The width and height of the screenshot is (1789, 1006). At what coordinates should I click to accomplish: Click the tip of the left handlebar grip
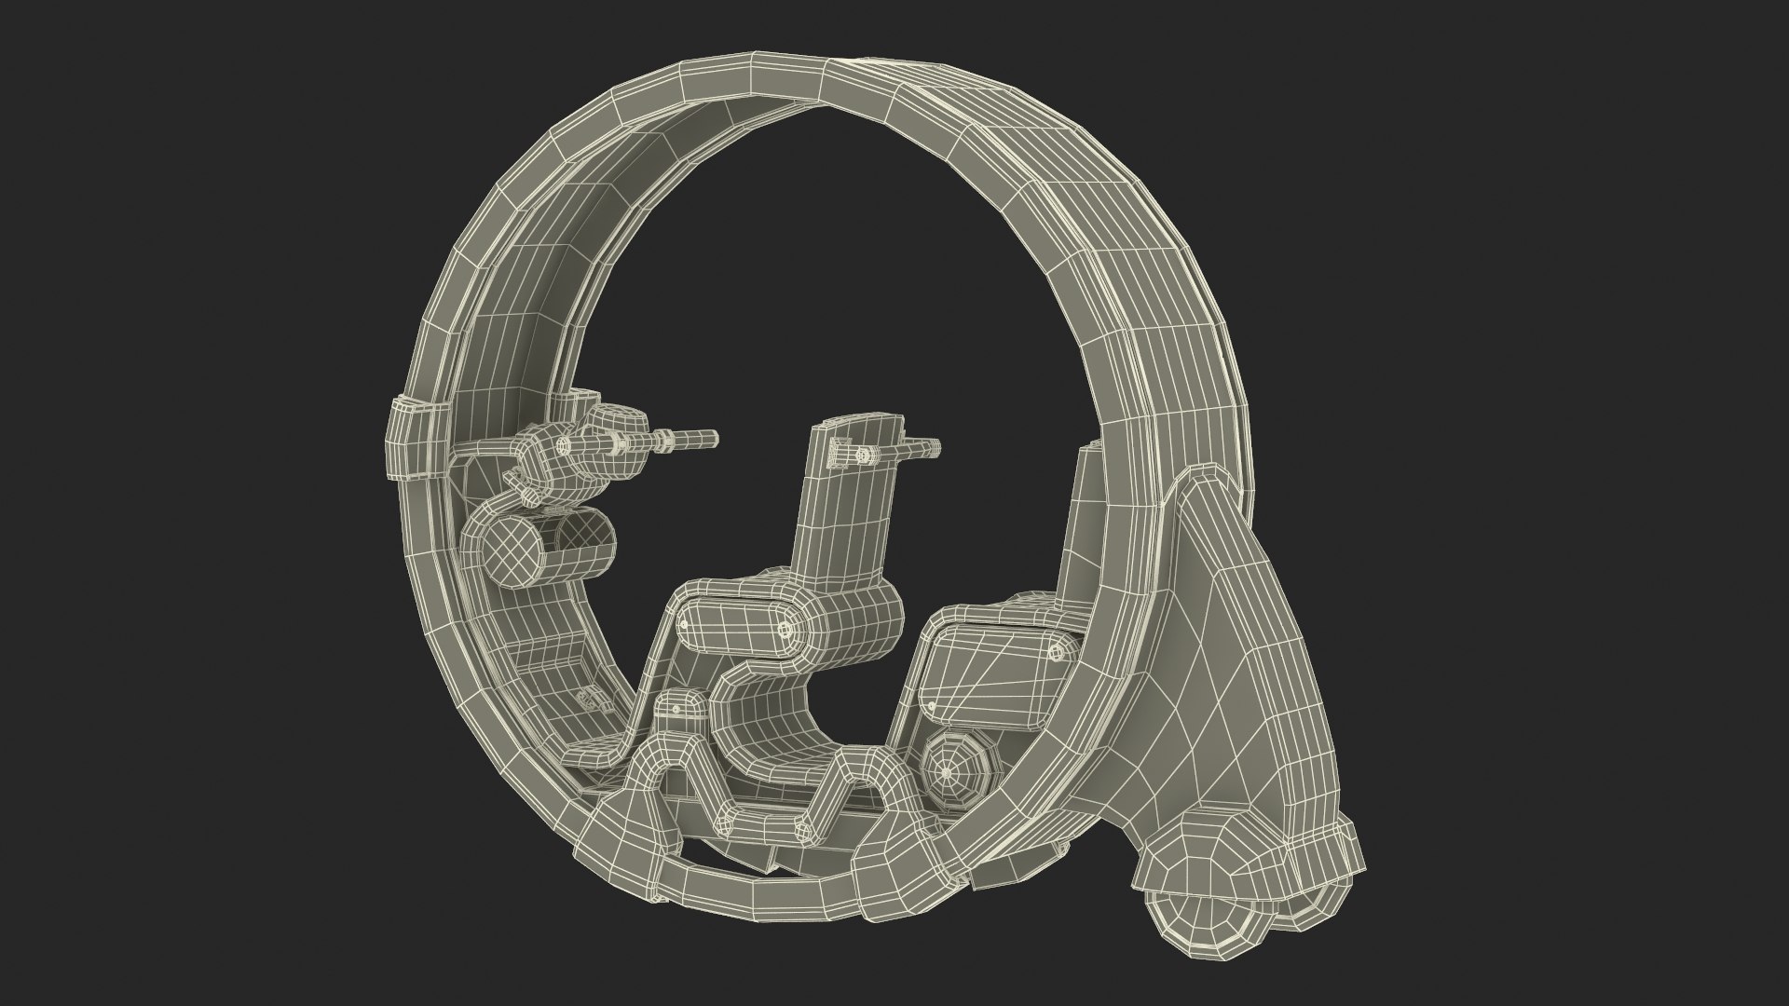tap(712, 435)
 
